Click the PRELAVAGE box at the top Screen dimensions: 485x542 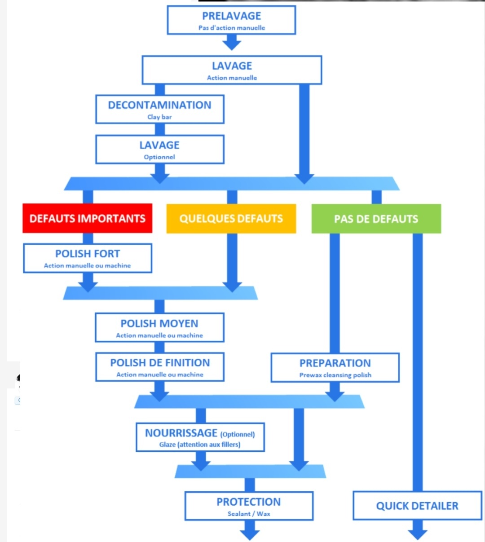pos(231,20)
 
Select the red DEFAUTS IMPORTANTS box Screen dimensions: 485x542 pos(88,218)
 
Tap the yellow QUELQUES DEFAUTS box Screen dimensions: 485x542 pos(231,219)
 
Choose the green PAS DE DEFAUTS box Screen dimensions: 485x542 pos(376,219)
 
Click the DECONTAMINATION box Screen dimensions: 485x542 pos(160,109)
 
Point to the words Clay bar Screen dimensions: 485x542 pos(159,117)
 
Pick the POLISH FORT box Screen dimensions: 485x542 pos(88,258)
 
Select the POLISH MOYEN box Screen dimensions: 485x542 pos(160,327)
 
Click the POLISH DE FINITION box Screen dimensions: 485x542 pos(160,367)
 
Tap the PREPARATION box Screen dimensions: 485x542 pos(335,367)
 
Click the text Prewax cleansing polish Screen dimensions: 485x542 pos(335,375)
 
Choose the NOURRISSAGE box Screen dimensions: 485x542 pos(200,437)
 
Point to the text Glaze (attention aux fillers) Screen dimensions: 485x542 pos(200,445)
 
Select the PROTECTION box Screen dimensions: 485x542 pos(249,506)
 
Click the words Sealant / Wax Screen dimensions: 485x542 pos(249,514)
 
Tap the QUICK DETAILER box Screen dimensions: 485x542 pos(417,506)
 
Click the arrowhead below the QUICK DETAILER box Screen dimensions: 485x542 pos(418,534)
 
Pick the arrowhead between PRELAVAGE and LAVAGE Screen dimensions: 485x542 pos(232,45)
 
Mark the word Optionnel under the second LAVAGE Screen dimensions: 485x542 pos(159,157)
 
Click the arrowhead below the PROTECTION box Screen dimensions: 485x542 pos(250,535)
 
